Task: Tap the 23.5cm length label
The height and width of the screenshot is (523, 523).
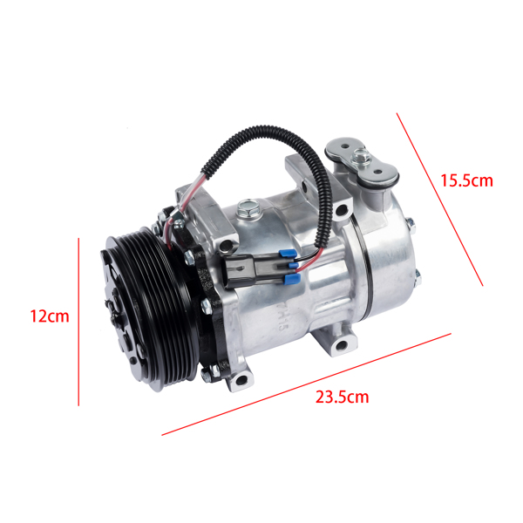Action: [342, 397]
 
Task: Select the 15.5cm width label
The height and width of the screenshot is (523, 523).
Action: [465, 181]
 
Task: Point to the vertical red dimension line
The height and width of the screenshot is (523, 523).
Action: [79, 323]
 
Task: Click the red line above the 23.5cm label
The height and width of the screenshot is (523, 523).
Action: [305, 384]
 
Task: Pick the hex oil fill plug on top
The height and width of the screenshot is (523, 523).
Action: [246, 208]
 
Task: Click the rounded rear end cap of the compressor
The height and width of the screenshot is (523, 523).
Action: [392, 261]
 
